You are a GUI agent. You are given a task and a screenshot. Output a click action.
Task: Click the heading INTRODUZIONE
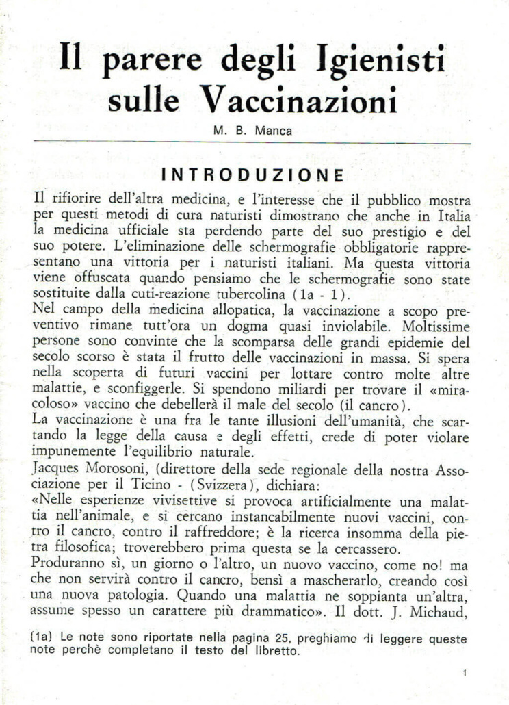(252, 174)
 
